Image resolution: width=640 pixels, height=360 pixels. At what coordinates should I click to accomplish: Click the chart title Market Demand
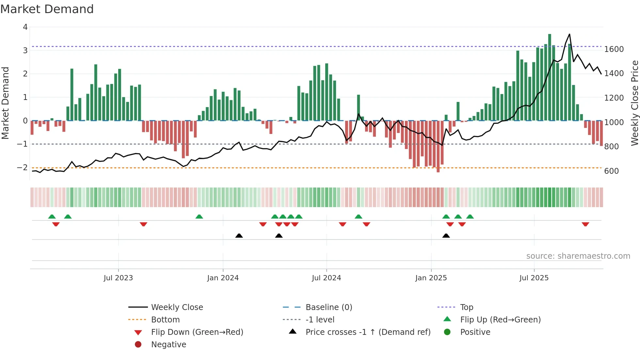47,9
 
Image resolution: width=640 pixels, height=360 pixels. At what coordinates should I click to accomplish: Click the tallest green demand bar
550,77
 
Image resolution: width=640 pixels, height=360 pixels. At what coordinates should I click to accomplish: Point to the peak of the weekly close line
569,34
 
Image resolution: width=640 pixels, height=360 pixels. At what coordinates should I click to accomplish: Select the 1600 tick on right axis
614,49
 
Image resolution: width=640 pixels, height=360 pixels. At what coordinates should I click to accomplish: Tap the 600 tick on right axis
611,171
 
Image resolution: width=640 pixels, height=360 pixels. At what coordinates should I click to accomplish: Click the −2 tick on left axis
22,168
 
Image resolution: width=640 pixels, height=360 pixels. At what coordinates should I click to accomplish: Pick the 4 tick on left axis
25,27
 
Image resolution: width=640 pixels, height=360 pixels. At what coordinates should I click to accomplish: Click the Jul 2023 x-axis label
118,278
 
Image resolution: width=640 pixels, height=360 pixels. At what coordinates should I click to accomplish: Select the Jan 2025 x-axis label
431,278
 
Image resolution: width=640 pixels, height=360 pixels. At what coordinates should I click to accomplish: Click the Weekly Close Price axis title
634,103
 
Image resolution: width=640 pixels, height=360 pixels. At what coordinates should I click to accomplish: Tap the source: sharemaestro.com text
578,256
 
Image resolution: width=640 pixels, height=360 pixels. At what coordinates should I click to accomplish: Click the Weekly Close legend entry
177,307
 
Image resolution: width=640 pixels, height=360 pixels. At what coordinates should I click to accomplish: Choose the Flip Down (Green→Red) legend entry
197,332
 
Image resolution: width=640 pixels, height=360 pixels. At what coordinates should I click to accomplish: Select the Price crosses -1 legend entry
368,332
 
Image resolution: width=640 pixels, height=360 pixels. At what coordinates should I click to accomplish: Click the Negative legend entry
168,345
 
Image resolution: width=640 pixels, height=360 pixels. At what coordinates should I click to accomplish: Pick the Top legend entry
466,307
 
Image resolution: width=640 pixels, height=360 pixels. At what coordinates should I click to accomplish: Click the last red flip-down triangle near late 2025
585,224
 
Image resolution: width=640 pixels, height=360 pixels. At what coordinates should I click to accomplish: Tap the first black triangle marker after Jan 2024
239,236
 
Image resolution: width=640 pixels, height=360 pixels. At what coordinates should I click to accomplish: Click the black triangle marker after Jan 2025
446,236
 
